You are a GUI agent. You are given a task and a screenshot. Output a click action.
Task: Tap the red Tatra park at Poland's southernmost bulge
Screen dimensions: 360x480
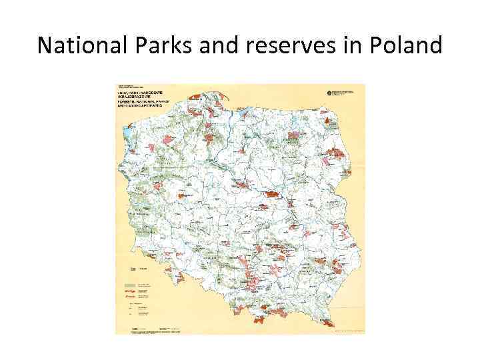(259, 321)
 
